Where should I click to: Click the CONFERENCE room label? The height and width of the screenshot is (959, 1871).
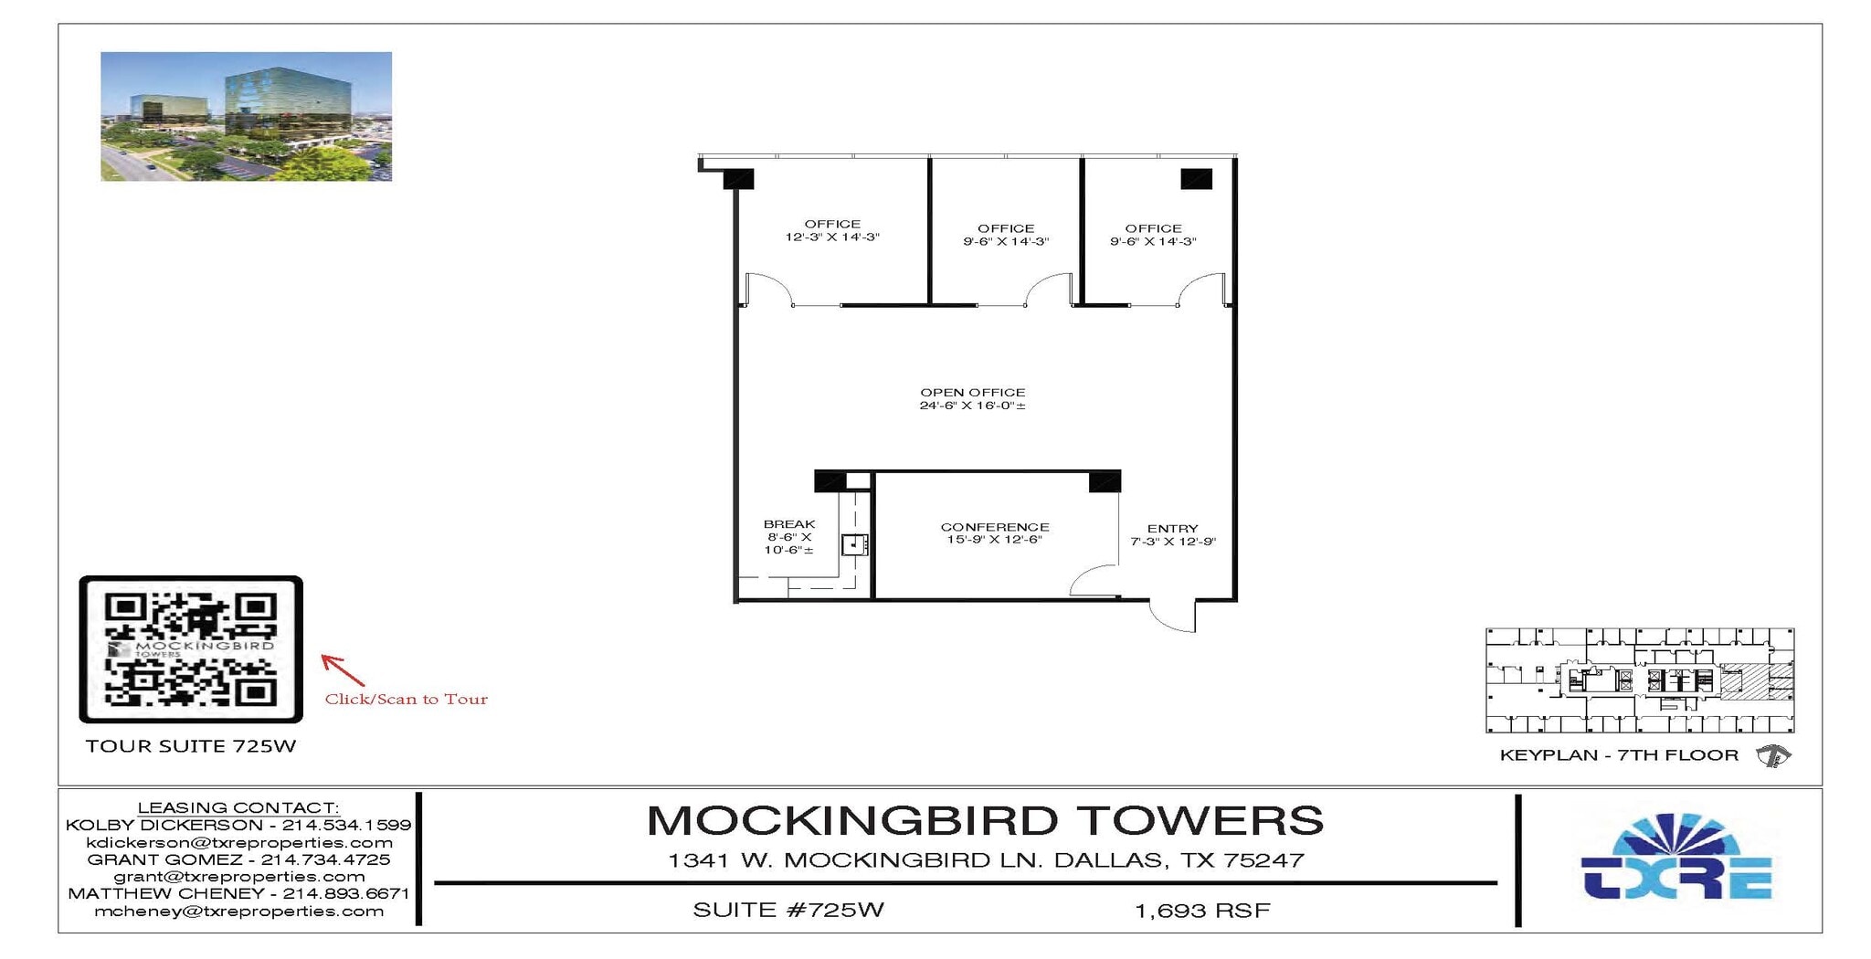tap(994, 527)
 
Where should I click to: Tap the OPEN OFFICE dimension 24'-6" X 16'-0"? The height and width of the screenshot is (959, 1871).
tap(972, 406)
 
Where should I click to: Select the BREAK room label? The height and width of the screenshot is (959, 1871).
tap(789, 524)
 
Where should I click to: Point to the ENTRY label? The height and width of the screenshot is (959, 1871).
tap(1172, 529)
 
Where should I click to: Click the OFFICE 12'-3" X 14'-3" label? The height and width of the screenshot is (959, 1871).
tap(832, 230)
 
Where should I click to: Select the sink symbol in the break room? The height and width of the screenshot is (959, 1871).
tap(854, 544)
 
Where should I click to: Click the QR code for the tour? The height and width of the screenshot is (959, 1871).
tap(191, 648)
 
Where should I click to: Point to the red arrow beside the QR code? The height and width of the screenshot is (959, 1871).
tap(343, 669)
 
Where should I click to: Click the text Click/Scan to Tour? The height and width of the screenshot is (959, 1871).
tap(407, 700)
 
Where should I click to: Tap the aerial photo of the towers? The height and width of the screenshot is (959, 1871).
tap(246, 116)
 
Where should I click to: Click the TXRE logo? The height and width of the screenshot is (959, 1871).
tap(1675, 859)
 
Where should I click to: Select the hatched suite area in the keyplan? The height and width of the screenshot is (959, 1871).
tap(1744, 681)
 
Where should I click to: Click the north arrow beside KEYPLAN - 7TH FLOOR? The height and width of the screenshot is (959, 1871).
tap(1772, 755)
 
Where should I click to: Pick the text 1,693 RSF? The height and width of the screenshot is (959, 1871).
tap(1202, 911)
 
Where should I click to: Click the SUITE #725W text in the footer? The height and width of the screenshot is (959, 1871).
tap(788, 910)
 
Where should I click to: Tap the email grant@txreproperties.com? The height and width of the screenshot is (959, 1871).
tap(238, 877)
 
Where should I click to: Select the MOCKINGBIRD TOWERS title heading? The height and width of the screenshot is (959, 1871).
tap(985, 820)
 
